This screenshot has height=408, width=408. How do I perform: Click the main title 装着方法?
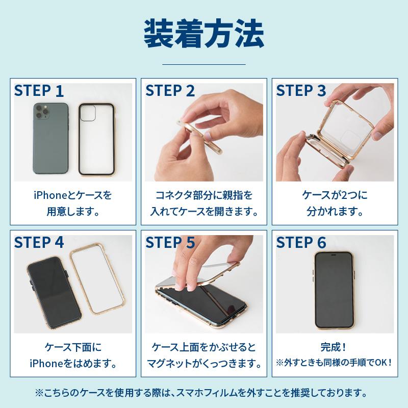(x=203, y=33)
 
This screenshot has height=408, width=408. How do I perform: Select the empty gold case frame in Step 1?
(x=97, y=138)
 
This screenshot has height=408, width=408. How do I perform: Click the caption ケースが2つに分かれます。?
(x=335, y=203)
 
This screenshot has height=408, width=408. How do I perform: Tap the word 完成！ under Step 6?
(x=335, y=348)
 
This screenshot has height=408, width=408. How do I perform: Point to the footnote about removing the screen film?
(x=203, y=393)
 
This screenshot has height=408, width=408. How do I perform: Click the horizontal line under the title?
(x=203, y=64)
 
